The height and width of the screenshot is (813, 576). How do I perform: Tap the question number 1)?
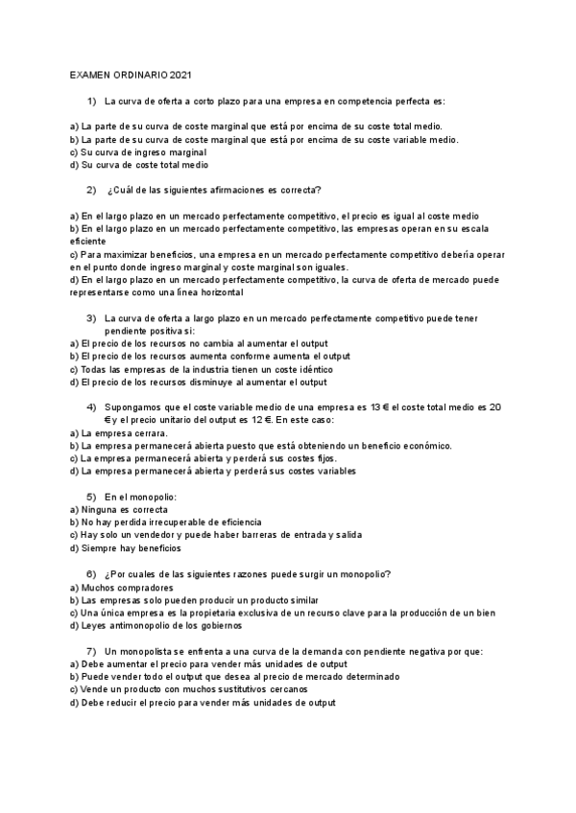(x=92, y=101)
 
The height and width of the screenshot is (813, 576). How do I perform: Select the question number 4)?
(x=92, y=406)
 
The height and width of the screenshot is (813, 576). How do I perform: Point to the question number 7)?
(x=92, y=651)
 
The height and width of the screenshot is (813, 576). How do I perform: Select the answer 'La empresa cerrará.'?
(x=125, y=432)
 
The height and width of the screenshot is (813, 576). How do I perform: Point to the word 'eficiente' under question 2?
(x=90, y=242)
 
